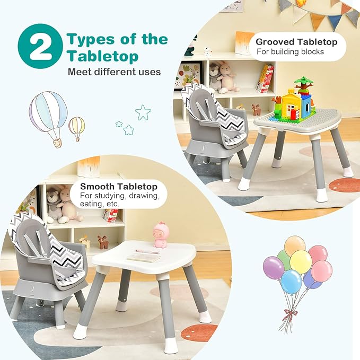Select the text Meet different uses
114,72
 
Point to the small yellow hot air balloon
77,127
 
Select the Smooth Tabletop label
119,187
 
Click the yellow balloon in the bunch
300,262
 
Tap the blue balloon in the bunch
291,282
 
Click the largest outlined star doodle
143,112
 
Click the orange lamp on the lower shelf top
89,166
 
